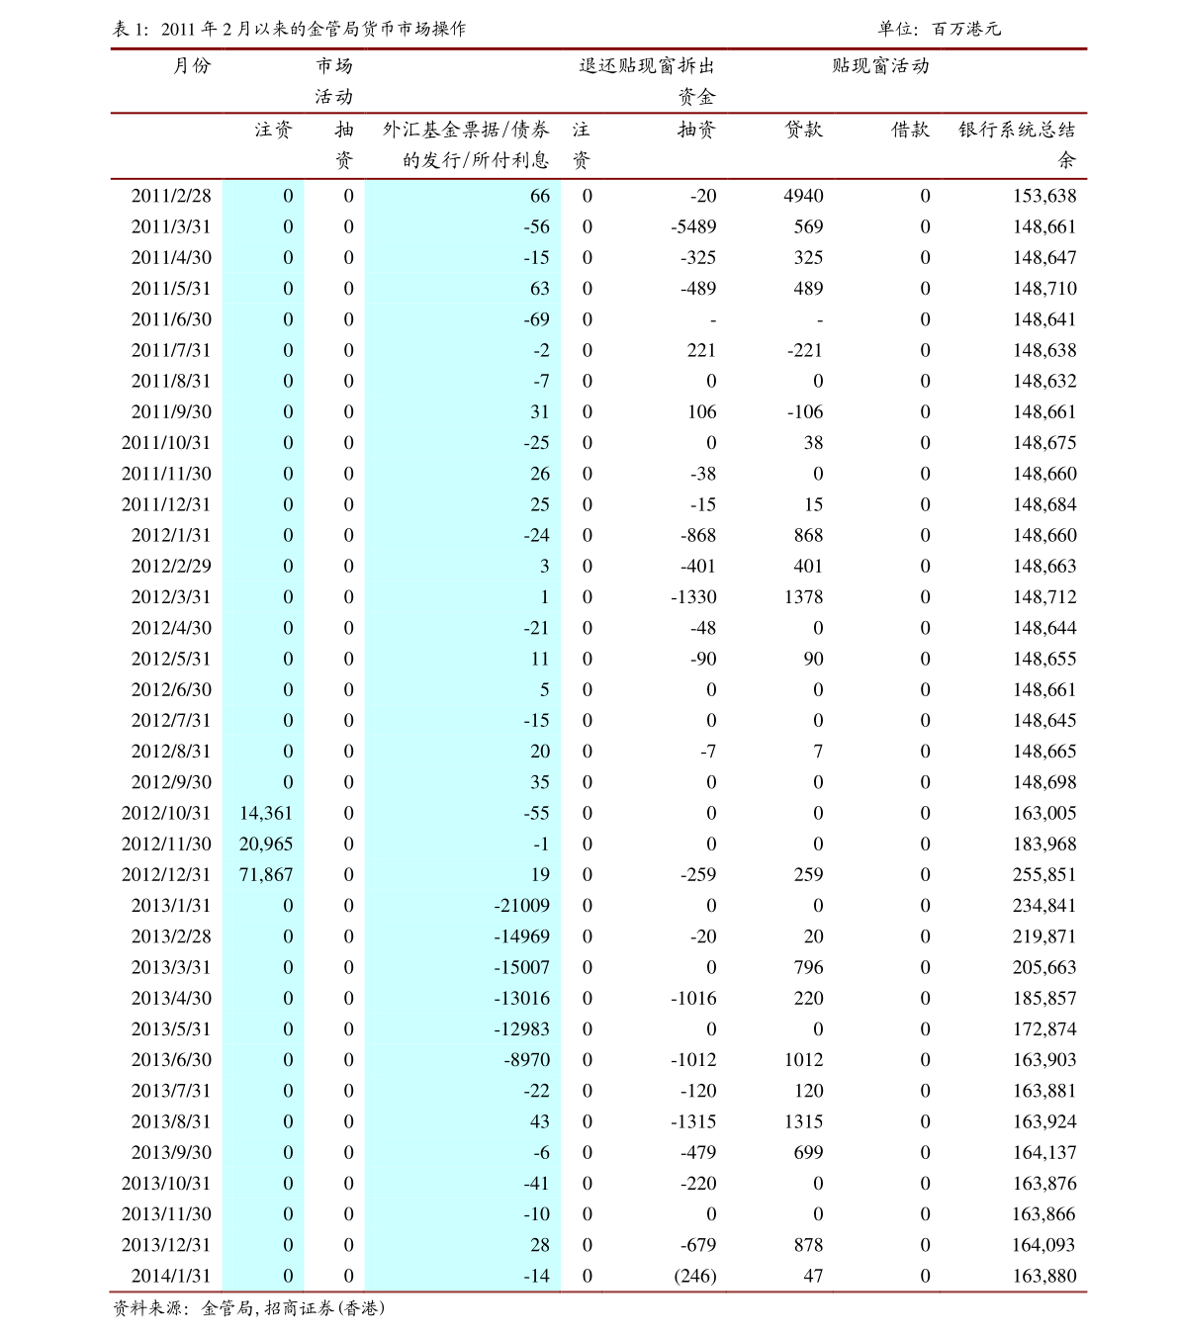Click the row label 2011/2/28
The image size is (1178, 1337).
171,196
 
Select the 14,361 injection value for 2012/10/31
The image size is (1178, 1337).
266,813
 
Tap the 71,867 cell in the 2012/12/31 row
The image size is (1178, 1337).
266,874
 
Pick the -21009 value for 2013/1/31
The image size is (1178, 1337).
521,905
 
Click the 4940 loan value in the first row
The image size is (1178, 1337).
803,196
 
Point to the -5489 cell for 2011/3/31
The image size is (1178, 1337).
693,226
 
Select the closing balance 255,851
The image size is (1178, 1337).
1043,874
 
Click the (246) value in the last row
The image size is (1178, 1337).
694,1276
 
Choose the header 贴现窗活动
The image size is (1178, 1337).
880,66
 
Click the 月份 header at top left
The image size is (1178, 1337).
192,66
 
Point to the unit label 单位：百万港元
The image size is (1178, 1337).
939,29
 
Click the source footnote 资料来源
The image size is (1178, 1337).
248,1308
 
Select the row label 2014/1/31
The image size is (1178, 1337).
171,1276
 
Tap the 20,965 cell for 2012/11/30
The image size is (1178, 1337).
266,844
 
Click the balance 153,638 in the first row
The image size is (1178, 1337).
1043,196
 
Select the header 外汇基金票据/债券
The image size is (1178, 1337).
466,130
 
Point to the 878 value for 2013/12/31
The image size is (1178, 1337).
808,1245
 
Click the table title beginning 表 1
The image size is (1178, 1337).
289,29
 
